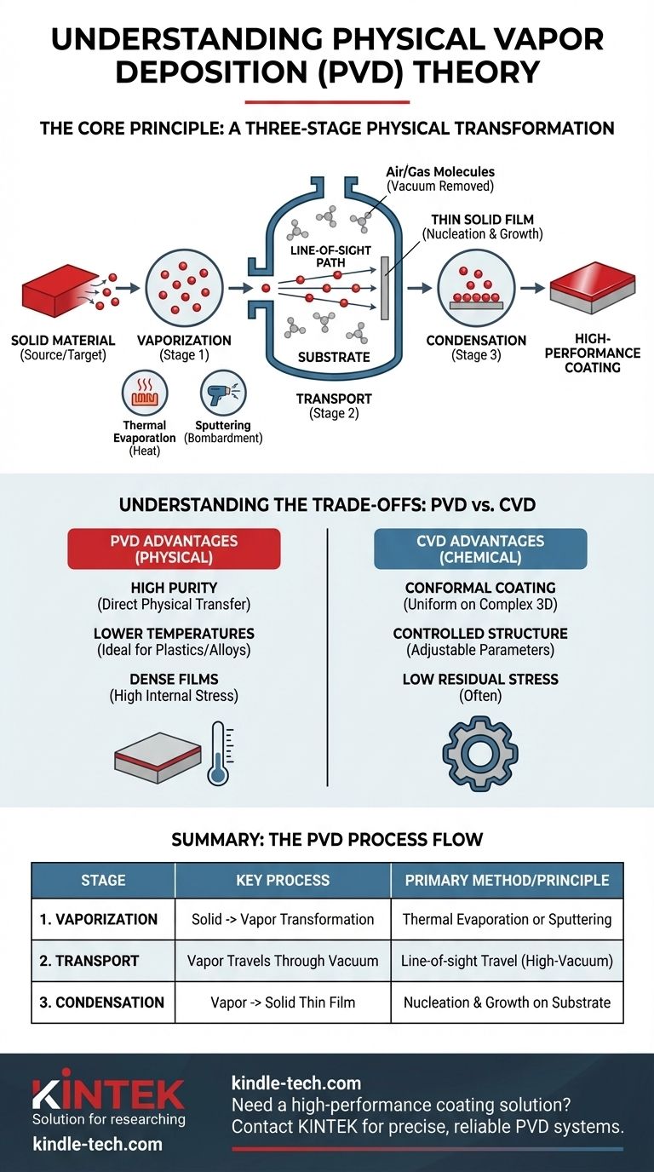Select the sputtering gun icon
[x=223, y=394]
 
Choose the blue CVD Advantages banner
[x=480, y=549]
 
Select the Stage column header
[x=103, y=880]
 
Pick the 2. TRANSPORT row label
[x=89, y=961]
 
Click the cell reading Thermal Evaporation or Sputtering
[x=507, y=920]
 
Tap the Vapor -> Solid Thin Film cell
[x=282, y=1003]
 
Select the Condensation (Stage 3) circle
[x=471, y=290]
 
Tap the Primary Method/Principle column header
[x=507, y=880]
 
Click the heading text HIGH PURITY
[x=174, y=588]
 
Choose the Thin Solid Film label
[x=482, y=219]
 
